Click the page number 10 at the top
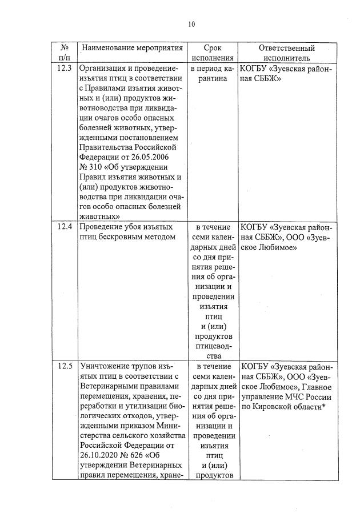point(191,24)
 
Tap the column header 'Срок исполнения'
point(213,53)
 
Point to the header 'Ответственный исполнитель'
point(286,53)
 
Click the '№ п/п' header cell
point(65,53)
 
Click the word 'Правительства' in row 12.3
point(106,147)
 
